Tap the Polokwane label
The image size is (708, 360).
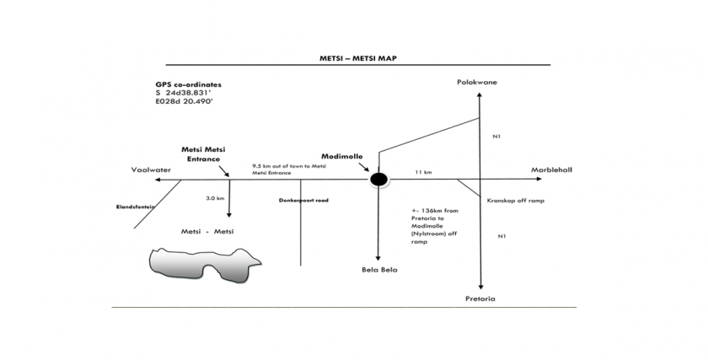478,83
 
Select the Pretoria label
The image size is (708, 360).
480,299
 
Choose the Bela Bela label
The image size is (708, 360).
378,270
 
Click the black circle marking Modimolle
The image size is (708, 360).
378,179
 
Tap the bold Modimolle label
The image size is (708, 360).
341,157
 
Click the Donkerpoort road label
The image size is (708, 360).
302,201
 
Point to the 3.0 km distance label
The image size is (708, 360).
215,198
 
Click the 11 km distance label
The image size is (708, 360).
423,172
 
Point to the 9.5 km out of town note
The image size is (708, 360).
288,169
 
